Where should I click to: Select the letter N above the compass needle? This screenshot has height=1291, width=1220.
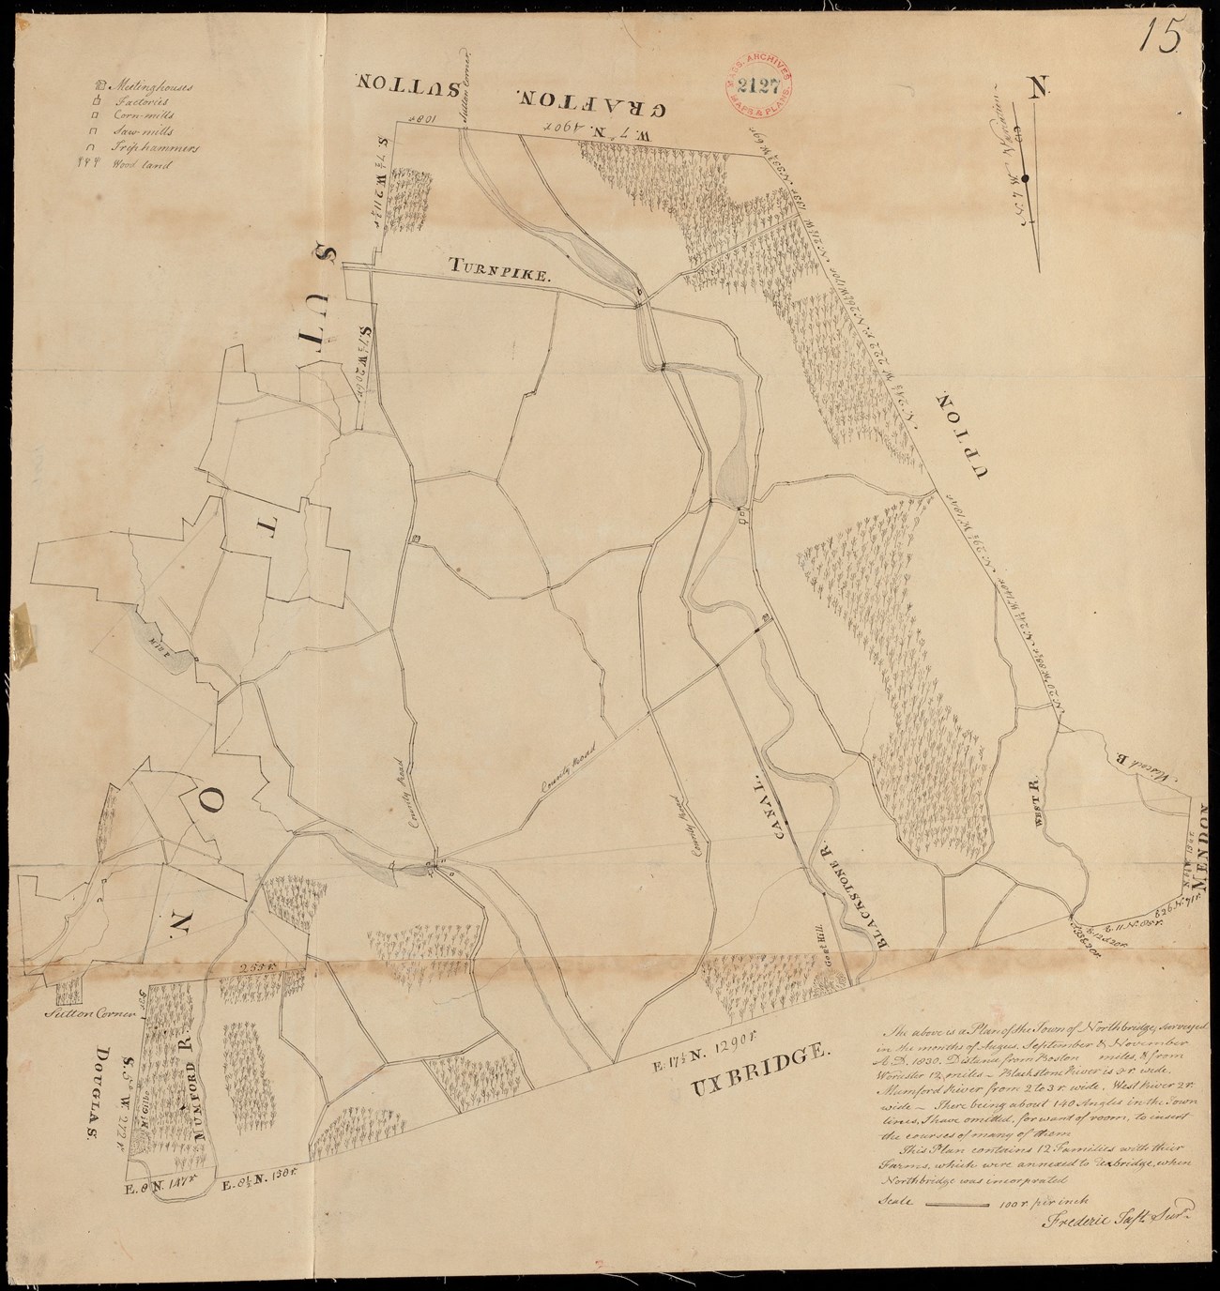(1037, 89)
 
